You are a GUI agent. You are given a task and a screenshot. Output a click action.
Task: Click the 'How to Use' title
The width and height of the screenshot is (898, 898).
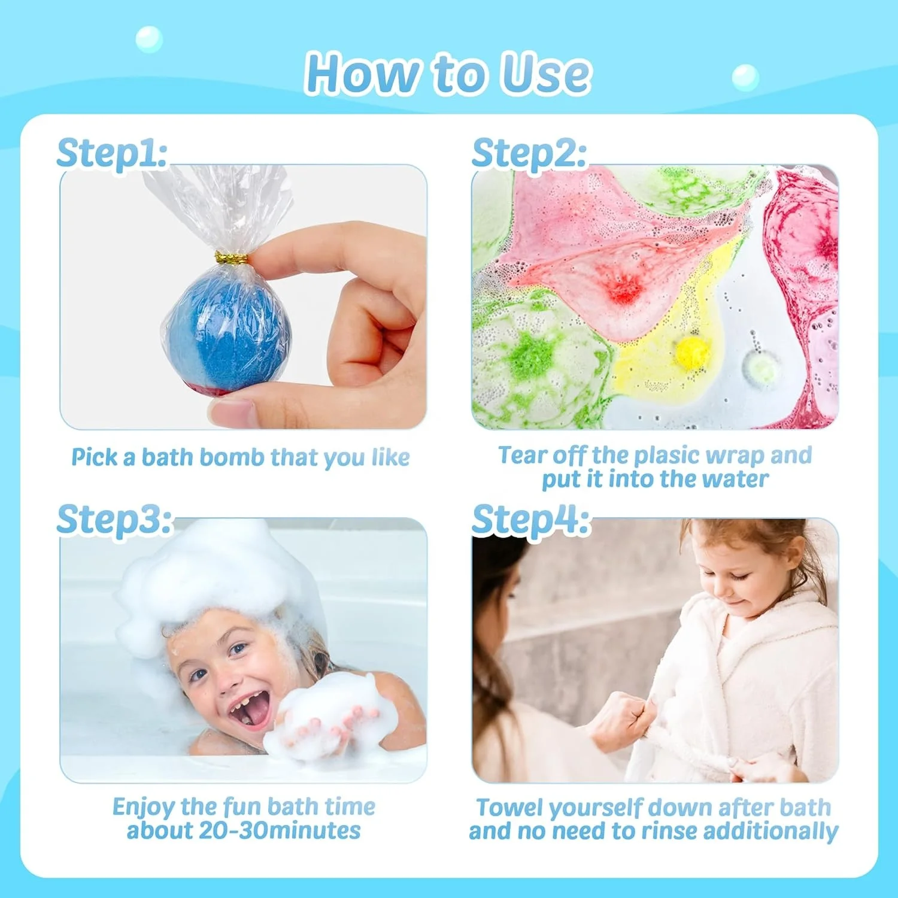448,73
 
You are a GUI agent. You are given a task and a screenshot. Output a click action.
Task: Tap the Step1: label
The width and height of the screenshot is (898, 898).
111,153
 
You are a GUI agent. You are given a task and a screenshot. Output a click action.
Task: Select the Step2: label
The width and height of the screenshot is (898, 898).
529,153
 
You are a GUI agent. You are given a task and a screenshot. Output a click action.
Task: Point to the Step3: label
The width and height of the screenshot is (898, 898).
114,519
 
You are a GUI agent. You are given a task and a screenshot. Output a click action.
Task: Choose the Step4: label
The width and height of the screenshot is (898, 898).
530,519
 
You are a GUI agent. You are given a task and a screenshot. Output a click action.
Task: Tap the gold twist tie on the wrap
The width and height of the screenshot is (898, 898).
232,259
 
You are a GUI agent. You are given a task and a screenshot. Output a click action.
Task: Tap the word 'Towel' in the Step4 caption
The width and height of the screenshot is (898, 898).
510,808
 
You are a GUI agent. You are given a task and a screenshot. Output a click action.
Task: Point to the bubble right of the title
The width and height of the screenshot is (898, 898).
745,77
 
